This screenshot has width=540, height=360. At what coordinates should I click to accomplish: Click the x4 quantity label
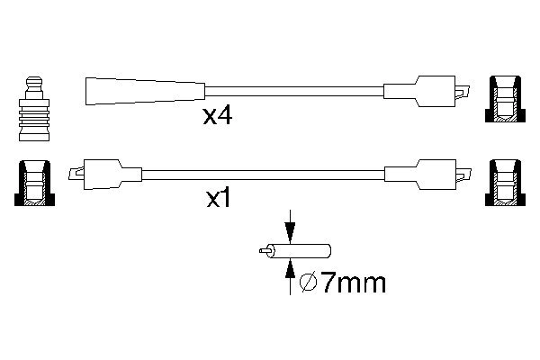218,116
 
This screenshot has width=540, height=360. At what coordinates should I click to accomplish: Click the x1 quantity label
218,199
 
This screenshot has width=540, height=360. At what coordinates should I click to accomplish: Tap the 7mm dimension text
354,283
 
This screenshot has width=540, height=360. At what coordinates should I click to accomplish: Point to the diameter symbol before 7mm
308,283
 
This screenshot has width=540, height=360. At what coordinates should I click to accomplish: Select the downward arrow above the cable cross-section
290,227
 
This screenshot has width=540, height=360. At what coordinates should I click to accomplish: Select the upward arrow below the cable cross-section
291,276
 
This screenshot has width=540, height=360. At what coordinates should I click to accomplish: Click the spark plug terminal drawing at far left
34,109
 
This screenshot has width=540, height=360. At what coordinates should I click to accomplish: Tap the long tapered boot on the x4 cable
145,91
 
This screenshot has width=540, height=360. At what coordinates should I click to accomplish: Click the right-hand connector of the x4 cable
427,91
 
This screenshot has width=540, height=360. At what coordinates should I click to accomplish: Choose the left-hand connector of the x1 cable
105,175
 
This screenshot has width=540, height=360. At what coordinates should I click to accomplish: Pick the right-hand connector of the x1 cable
427,175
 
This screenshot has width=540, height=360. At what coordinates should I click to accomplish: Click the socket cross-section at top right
505,99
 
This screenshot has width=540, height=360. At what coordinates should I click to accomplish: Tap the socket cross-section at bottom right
505,183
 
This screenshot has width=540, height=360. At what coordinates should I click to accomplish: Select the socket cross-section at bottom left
34,183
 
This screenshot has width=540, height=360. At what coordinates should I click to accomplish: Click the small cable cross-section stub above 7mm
295,251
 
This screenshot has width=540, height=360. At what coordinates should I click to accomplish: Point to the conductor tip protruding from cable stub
265,251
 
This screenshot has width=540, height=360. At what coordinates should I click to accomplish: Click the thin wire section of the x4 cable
294,91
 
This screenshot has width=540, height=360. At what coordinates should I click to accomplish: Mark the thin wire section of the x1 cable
263,175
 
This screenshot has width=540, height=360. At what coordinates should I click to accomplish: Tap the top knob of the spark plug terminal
34,83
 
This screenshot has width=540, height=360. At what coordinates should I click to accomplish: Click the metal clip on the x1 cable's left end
76,174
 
